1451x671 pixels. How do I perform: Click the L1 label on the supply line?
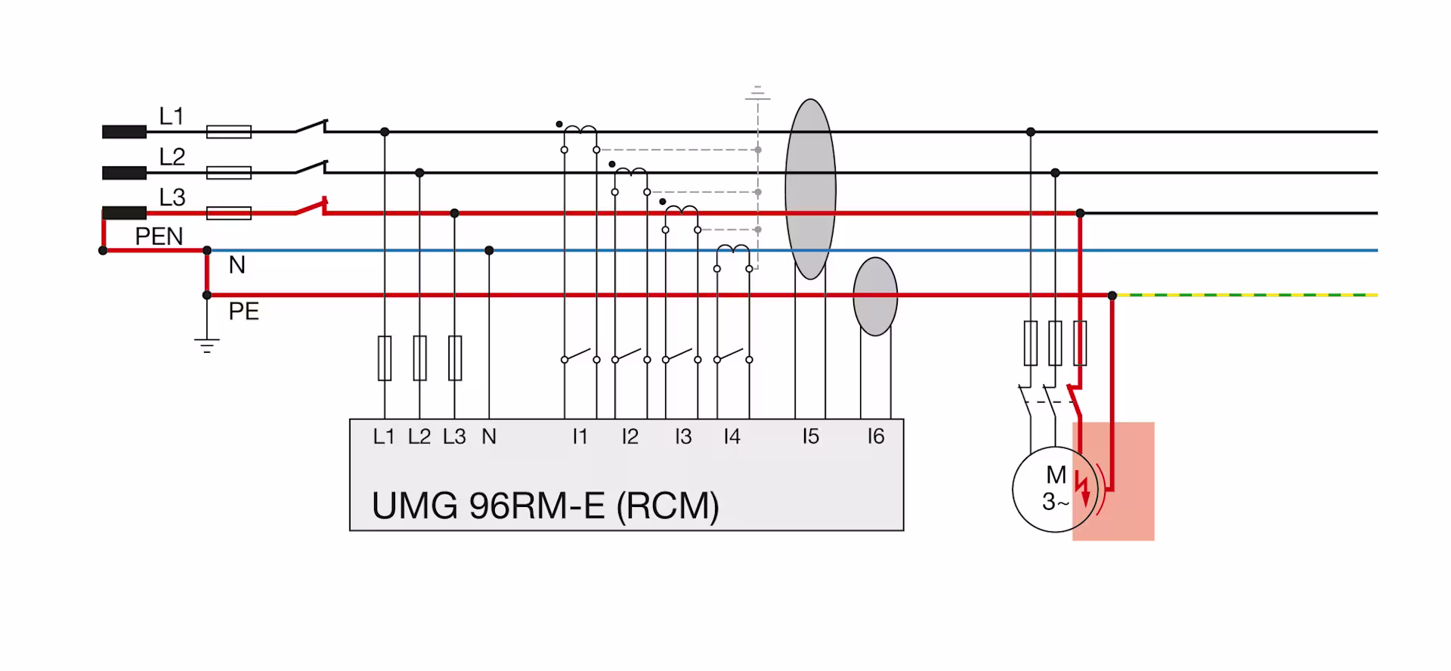tap(172, 116)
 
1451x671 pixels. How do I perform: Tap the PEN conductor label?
tap(159, 237)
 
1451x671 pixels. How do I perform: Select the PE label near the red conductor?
tap(244, 311)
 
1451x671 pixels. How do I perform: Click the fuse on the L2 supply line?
tap(229, 173)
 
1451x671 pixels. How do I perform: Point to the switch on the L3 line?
tap(311, 206)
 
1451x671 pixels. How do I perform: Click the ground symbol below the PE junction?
tap(206, 345)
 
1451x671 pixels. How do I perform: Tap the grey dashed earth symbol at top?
tap(757, 94)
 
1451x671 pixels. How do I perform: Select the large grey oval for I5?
tap(810, 189)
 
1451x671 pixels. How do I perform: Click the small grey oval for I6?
tap(875, 296)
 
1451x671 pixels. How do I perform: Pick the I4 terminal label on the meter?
tap(732, 437)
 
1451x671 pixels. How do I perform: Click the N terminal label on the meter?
tap(489, 437)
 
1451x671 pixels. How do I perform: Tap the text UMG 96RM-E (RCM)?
tap(545, 506)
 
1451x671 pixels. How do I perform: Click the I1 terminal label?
tap(580, 437)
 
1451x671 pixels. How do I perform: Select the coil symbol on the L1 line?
tap(580, 131)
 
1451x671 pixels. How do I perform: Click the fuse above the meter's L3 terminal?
tap(455, 358)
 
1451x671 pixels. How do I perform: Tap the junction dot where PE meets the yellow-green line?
tap(1112, 295)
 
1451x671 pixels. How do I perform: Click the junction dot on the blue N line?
tap(489, 250)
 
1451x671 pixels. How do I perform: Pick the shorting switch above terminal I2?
tap(630, 355)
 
